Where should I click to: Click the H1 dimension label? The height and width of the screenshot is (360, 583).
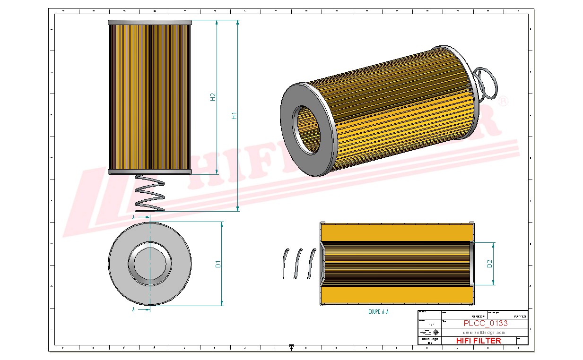(234, 115)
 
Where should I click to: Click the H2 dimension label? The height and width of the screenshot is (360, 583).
(213, 96)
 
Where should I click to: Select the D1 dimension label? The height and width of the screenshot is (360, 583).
(218, 264)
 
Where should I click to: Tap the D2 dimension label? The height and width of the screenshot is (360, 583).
(490, 264)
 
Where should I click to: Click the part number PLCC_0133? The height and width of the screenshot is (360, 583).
(485, 324)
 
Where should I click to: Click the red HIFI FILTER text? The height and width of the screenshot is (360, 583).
(478, 341)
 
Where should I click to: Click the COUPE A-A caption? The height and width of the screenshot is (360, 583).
(378, 312)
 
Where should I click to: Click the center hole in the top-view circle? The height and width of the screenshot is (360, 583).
(150, 264)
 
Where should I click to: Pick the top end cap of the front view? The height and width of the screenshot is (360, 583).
(150, 22)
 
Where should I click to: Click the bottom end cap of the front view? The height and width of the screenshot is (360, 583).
(150, 171)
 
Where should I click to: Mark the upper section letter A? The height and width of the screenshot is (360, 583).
(134, 217)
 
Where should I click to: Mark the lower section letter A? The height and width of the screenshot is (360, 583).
(134, 309)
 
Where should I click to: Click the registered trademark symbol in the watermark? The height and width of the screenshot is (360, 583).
(504, 102)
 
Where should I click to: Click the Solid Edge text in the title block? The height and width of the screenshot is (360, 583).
(429, 339)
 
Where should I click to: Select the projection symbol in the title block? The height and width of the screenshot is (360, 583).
(429, 332)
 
